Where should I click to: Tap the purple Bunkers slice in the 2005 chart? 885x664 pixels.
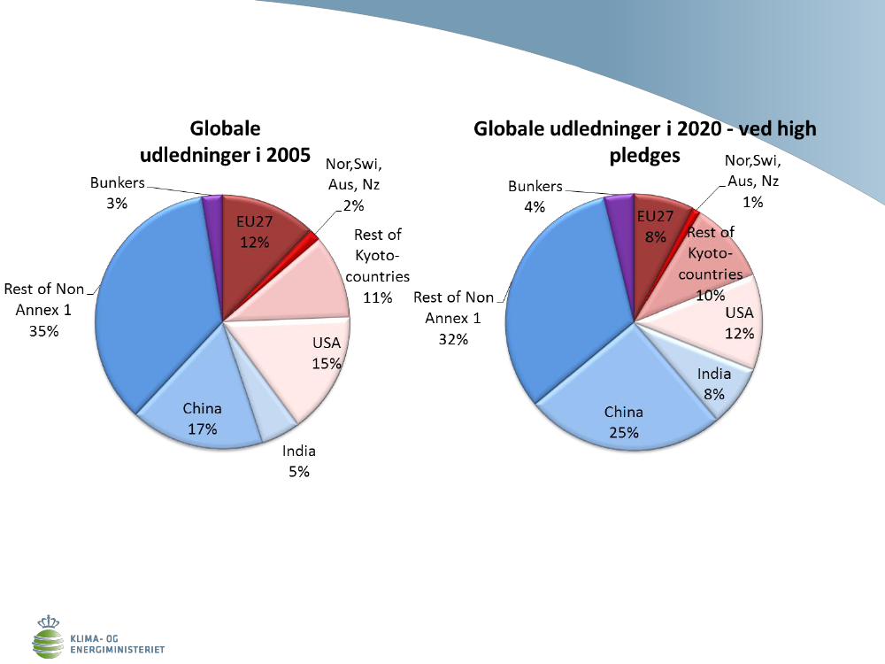(212, 211)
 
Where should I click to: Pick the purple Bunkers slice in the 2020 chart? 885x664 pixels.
(617, 211)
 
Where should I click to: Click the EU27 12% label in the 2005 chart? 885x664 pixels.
(253, 232)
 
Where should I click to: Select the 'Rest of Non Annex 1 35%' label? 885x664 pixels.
(43, 309)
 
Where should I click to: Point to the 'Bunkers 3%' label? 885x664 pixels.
(118, 192)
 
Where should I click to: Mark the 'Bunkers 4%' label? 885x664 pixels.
(535, 196)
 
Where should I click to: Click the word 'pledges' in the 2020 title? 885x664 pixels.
(643, 155)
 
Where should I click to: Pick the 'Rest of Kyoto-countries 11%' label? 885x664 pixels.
(377, 266)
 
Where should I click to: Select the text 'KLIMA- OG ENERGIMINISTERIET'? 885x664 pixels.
(116, 644)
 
